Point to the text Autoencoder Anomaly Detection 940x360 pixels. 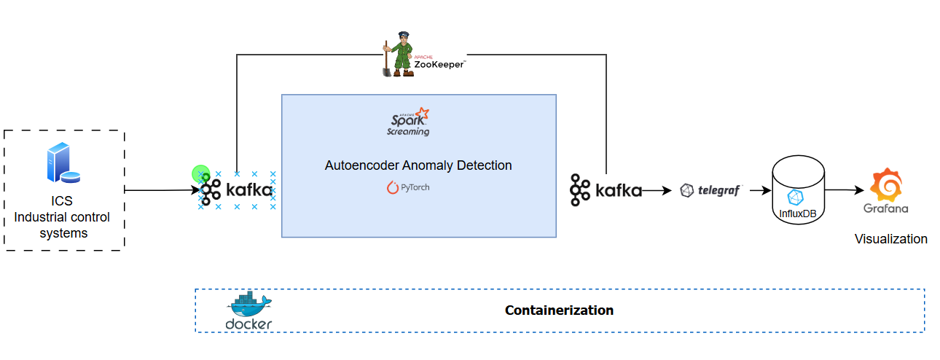(x=418, y=165)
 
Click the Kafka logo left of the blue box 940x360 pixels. (x=236, y=191)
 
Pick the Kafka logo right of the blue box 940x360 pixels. (x=606, y=191)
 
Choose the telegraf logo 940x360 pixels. (x=710, y=191)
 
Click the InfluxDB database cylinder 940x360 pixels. (x=799, y=191)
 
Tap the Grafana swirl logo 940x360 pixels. (x=885, y=184)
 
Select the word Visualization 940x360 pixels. (x=890, y=239)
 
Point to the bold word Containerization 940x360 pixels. (x=559, y=310)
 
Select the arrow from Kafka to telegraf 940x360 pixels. (x=657, y=191)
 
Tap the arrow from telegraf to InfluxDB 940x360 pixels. (x=758, y=191)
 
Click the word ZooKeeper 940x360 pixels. (x=439, y=64)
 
